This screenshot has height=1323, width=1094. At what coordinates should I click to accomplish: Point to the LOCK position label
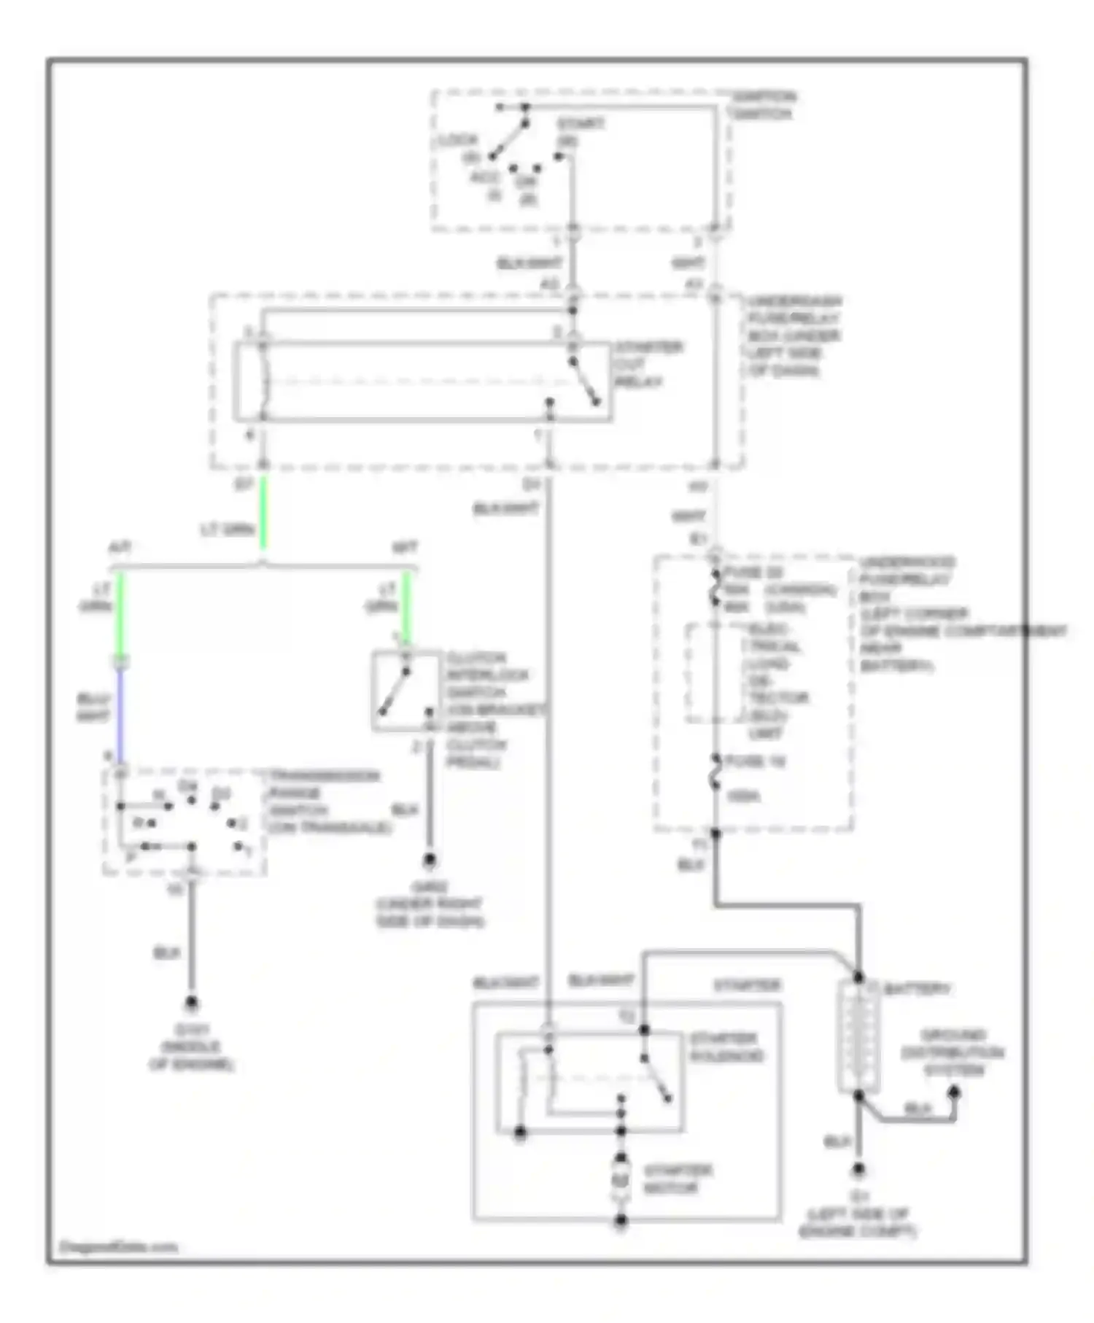tap(458, 140)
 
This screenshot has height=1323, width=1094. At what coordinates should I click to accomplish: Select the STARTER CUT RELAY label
tap(648, 364)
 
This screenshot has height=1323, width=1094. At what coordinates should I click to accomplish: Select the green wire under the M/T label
tap(407, 609)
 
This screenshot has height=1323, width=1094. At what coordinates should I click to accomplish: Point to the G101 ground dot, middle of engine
tap(192, 1004)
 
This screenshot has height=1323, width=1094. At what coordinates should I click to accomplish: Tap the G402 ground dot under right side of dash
tap(430, 861)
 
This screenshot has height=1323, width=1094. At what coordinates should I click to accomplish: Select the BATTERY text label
tap(917, 990)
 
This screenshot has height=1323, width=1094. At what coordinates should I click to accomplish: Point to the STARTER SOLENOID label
tap(726, 1047)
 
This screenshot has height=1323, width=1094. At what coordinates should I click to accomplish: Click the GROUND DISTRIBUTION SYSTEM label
tap(953, 1052)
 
